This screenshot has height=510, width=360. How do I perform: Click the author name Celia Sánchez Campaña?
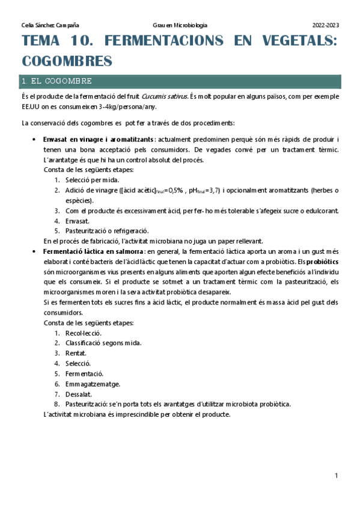pos(50,25)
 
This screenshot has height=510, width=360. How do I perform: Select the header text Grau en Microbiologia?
pos(180,25)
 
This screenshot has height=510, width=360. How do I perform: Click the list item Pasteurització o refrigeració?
pos(107,230)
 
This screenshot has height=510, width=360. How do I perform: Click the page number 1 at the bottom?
pos(337,476)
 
